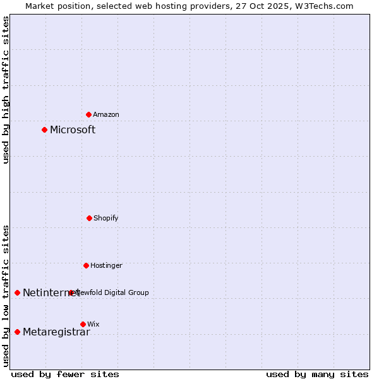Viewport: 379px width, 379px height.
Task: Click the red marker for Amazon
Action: [88, 114]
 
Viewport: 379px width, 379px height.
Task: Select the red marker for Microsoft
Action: [44, 129]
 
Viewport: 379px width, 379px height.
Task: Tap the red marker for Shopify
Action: [89, 218]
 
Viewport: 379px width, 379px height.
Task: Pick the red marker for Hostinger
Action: [86, 265]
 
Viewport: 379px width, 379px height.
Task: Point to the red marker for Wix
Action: [83, 324]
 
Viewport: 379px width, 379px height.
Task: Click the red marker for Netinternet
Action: [17, 292]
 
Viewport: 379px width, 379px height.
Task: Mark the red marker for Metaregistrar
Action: [17, 332]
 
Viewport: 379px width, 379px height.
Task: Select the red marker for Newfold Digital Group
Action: [71, 292]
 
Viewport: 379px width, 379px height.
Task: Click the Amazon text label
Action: [106, 114]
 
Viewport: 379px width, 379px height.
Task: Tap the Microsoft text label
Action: [73, 129]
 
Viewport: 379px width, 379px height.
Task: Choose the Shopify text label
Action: [106, 218]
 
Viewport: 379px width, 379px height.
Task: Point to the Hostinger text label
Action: [106, 265]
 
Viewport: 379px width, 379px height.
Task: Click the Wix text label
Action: [93, 324]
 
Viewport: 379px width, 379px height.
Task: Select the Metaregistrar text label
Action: [56, 332]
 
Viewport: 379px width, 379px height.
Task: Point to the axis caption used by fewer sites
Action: [65, 374]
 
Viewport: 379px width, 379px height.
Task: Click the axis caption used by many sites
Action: [317, 374]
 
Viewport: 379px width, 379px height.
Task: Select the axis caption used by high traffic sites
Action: [6, 90]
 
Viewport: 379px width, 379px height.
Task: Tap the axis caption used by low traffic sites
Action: [6, 296]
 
